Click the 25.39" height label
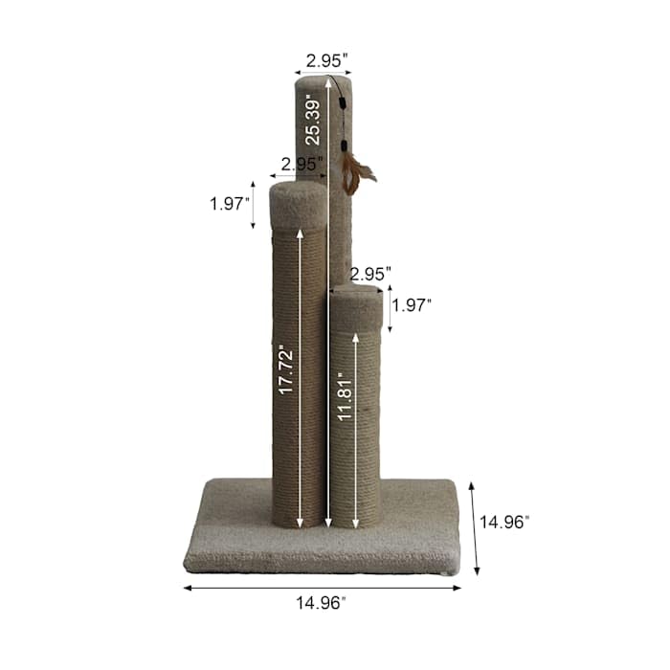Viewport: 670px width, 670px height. (311, 123)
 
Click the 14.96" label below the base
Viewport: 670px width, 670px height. (321, 603)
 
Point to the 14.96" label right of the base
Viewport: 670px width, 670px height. (504, 523)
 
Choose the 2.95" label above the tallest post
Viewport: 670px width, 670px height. (327, 61)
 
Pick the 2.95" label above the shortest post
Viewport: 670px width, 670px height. (370, 274)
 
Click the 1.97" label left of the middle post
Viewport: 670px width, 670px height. (230, 204)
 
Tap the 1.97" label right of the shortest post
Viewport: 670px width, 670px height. (412, 305)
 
